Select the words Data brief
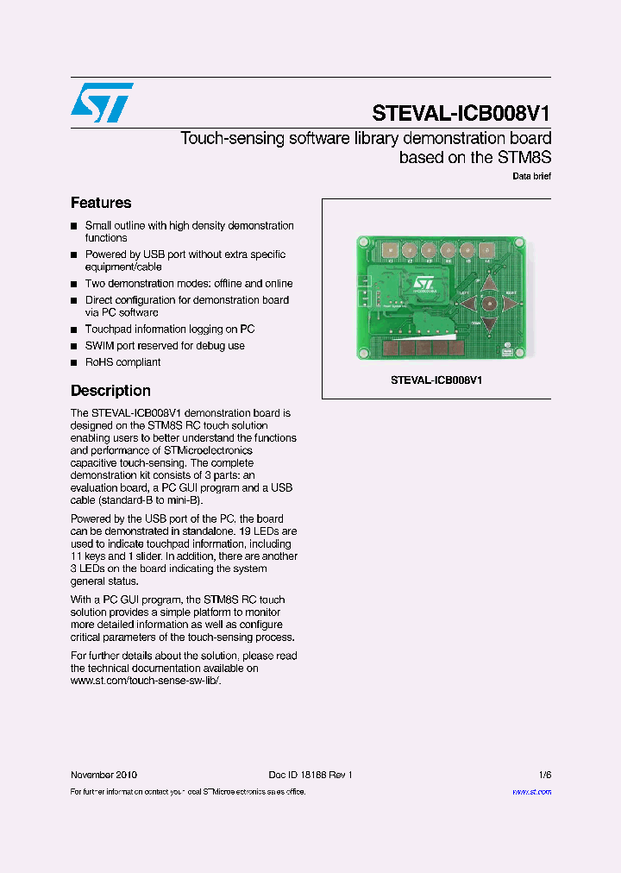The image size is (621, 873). tap(531, 176)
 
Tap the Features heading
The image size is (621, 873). tap(101, 203)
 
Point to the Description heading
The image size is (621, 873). tap(110, 391)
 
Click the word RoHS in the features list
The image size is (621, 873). tap(98, 362)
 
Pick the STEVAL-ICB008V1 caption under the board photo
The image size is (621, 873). tap(436, 380)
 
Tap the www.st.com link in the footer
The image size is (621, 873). tap(531, 792)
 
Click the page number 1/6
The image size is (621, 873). tap(544, 775)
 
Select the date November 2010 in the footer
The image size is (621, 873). tap(103, 775)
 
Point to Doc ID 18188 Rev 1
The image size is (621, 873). tap(310, 775)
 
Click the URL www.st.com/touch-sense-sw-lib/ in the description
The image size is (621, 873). tap(146, 681)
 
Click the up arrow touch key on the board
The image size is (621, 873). tap(488, 283)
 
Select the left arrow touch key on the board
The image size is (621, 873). tap(467, 304)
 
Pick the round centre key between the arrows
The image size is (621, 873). tap(488, 304)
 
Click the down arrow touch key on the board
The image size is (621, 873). tap(488, 324)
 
